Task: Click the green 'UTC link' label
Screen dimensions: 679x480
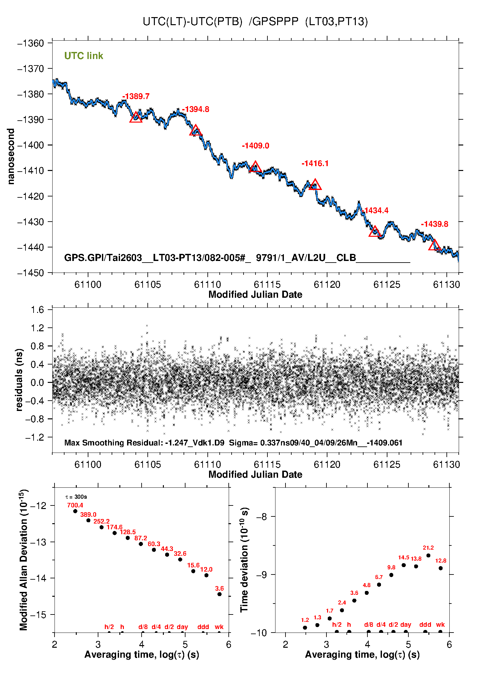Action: tap(84, 56)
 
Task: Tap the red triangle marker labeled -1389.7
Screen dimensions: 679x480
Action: tap(136, 117)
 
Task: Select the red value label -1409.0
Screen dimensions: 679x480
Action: tap(255, 146)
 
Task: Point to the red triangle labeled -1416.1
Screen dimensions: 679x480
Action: tap(315, 185)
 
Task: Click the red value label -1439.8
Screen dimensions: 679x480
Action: tap(435, 224)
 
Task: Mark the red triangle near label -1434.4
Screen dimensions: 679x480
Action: tap(375, 232)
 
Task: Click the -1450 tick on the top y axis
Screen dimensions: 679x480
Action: tap(31, 273)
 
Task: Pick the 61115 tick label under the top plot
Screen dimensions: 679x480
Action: tap(267, 285)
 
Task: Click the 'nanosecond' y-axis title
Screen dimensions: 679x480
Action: tap(11, 156)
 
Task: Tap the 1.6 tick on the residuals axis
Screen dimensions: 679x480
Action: tap(37, 310)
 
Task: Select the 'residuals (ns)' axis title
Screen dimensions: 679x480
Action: tap(19, 380)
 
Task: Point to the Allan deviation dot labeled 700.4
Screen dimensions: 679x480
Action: tap(75, 511)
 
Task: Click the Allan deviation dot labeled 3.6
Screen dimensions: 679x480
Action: tap(219, 594)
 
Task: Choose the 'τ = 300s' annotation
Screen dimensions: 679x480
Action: tap(76, 497)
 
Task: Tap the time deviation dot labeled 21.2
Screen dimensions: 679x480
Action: tap(428, 555)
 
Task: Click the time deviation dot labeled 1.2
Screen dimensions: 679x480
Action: tap(305, 628)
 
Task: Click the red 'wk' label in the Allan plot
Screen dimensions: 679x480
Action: tap(219, 627)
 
